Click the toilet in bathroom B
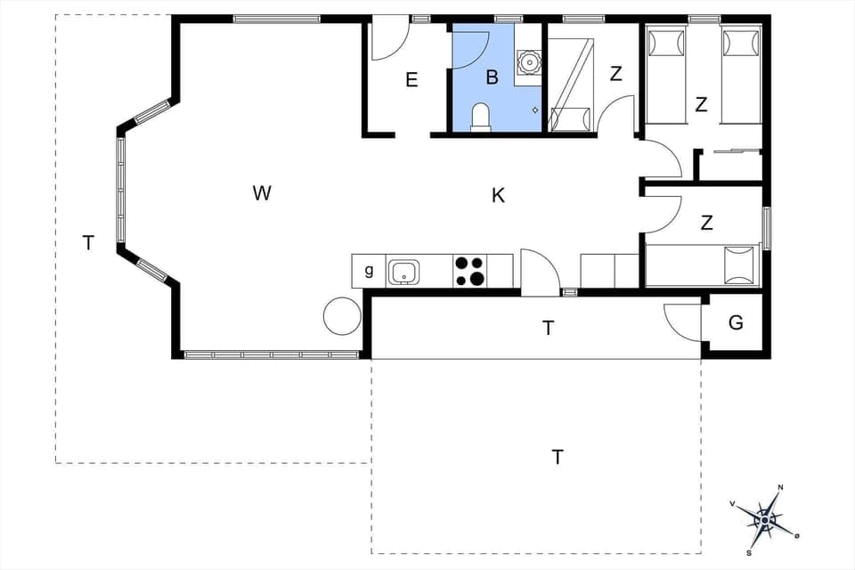(480, 118)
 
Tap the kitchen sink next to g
(404, 272)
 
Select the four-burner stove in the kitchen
(470, 272)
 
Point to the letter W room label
(261, 192)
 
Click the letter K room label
(499, 196)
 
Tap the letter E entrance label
(411, 80)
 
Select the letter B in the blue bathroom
(492, 77)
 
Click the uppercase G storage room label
(736, 323)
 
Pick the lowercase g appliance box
(369, 271)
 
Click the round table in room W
(342, 315)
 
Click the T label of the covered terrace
(549, 328)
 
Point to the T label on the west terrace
(87, 242)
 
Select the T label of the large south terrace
(558, 457)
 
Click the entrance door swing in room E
(388, 43)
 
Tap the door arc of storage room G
(683, 321)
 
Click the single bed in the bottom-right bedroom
(703, 265)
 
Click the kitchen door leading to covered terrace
(538, 273)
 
